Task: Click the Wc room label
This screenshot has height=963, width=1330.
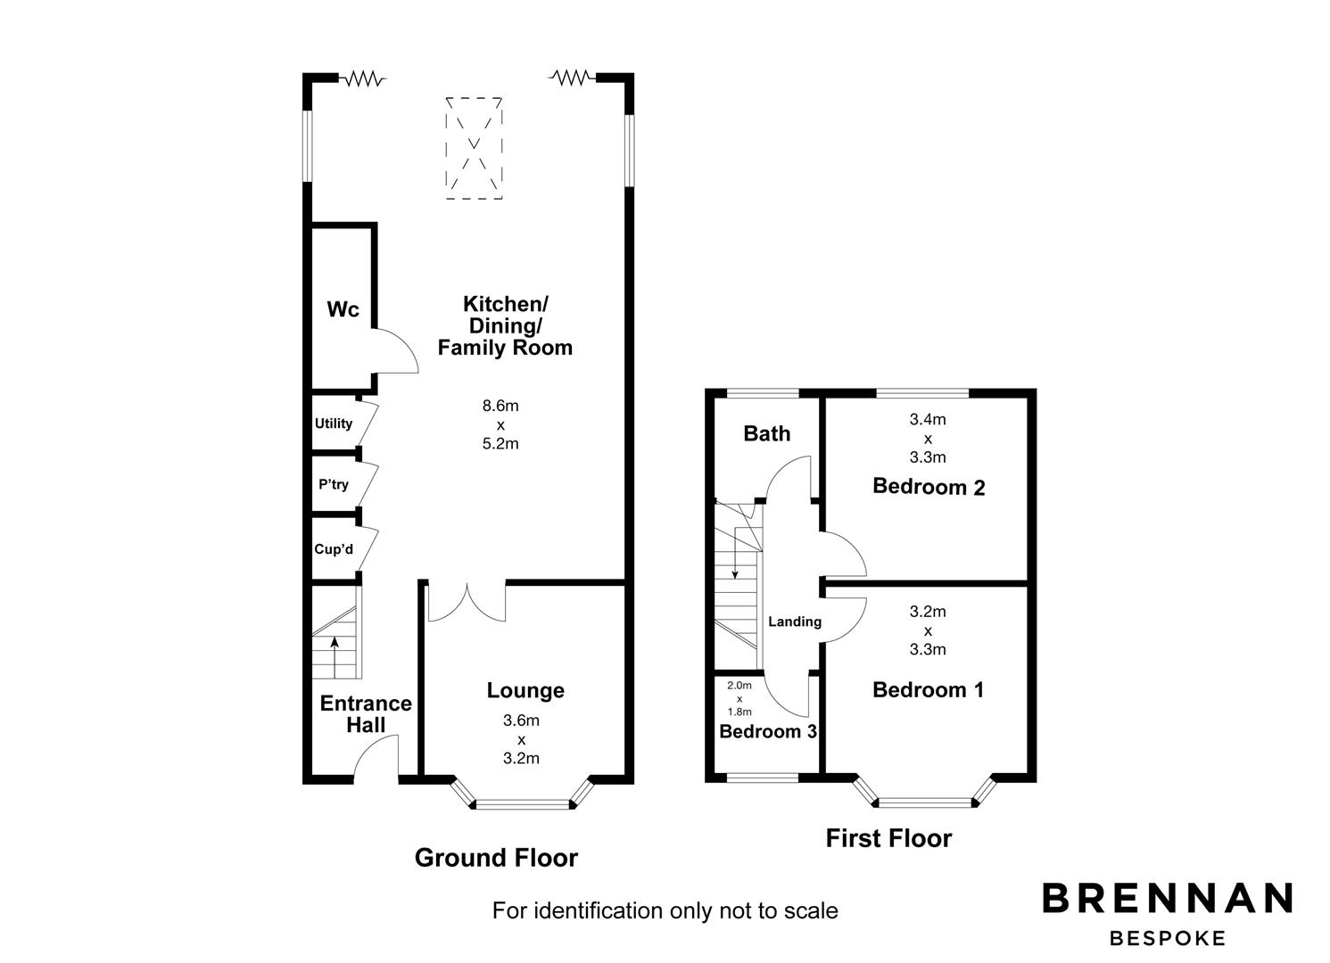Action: pyautogui.click(x=343, y=309)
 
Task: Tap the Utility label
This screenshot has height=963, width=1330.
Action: pyautogui.click(x=334, y=423)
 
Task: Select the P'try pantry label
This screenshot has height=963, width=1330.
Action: pyautogui.click(x=334, y=484)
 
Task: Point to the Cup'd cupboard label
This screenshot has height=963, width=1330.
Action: pyautogui.click(x=334, y=549)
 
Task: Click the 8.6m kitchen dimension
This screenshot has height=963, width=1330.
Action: pyautogui.click(x=500, y=406)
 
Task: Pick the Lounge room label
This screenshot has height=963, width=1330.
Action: pyautogui.click(x=525, y=691)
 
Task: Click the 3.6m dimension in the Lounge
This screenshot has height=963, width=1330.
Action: pyautogui.click(x=521, y=720)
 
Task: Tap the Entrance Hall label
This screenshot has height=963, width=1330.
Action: pyautogui.click(x=366, y=714)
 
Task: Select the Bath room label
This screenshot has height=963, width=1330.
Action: pyautogui.click(x=767, y=433)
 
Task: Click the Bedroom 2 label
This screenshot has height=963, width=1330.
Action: pyautogui.click(x=929, y=487)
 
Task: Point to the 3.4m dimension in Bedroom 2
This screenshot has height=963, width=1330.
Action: pyautogui.click(x=928, y=419)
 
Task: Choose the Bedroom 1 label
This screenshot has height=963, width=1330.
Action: pyautogui.click(x=928, y=689)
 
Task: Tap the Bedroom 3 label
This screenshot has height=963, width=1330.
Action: pyautogui.click(x=768, y=731)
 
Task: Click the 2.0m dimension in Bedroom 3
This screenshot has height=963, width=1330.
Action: pyautogui.click(x=739, y=686)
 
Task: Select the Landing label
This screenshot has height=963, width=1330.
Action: pyautogui.click(x=795, y=621)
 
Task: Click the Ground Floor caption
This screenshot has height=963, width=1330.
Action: pyautogui.click(x=496, y=858)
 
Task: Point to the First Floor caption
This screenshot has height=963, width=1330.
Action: pyautogui.click(x=888, y=838)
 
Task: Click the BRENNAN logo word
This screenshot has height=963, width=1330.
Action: pyautogui.click(x=1168, y=898)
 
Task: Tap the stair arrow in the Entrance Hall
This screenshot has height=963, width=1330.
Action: pyautogui.click(x=335, y=657)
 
